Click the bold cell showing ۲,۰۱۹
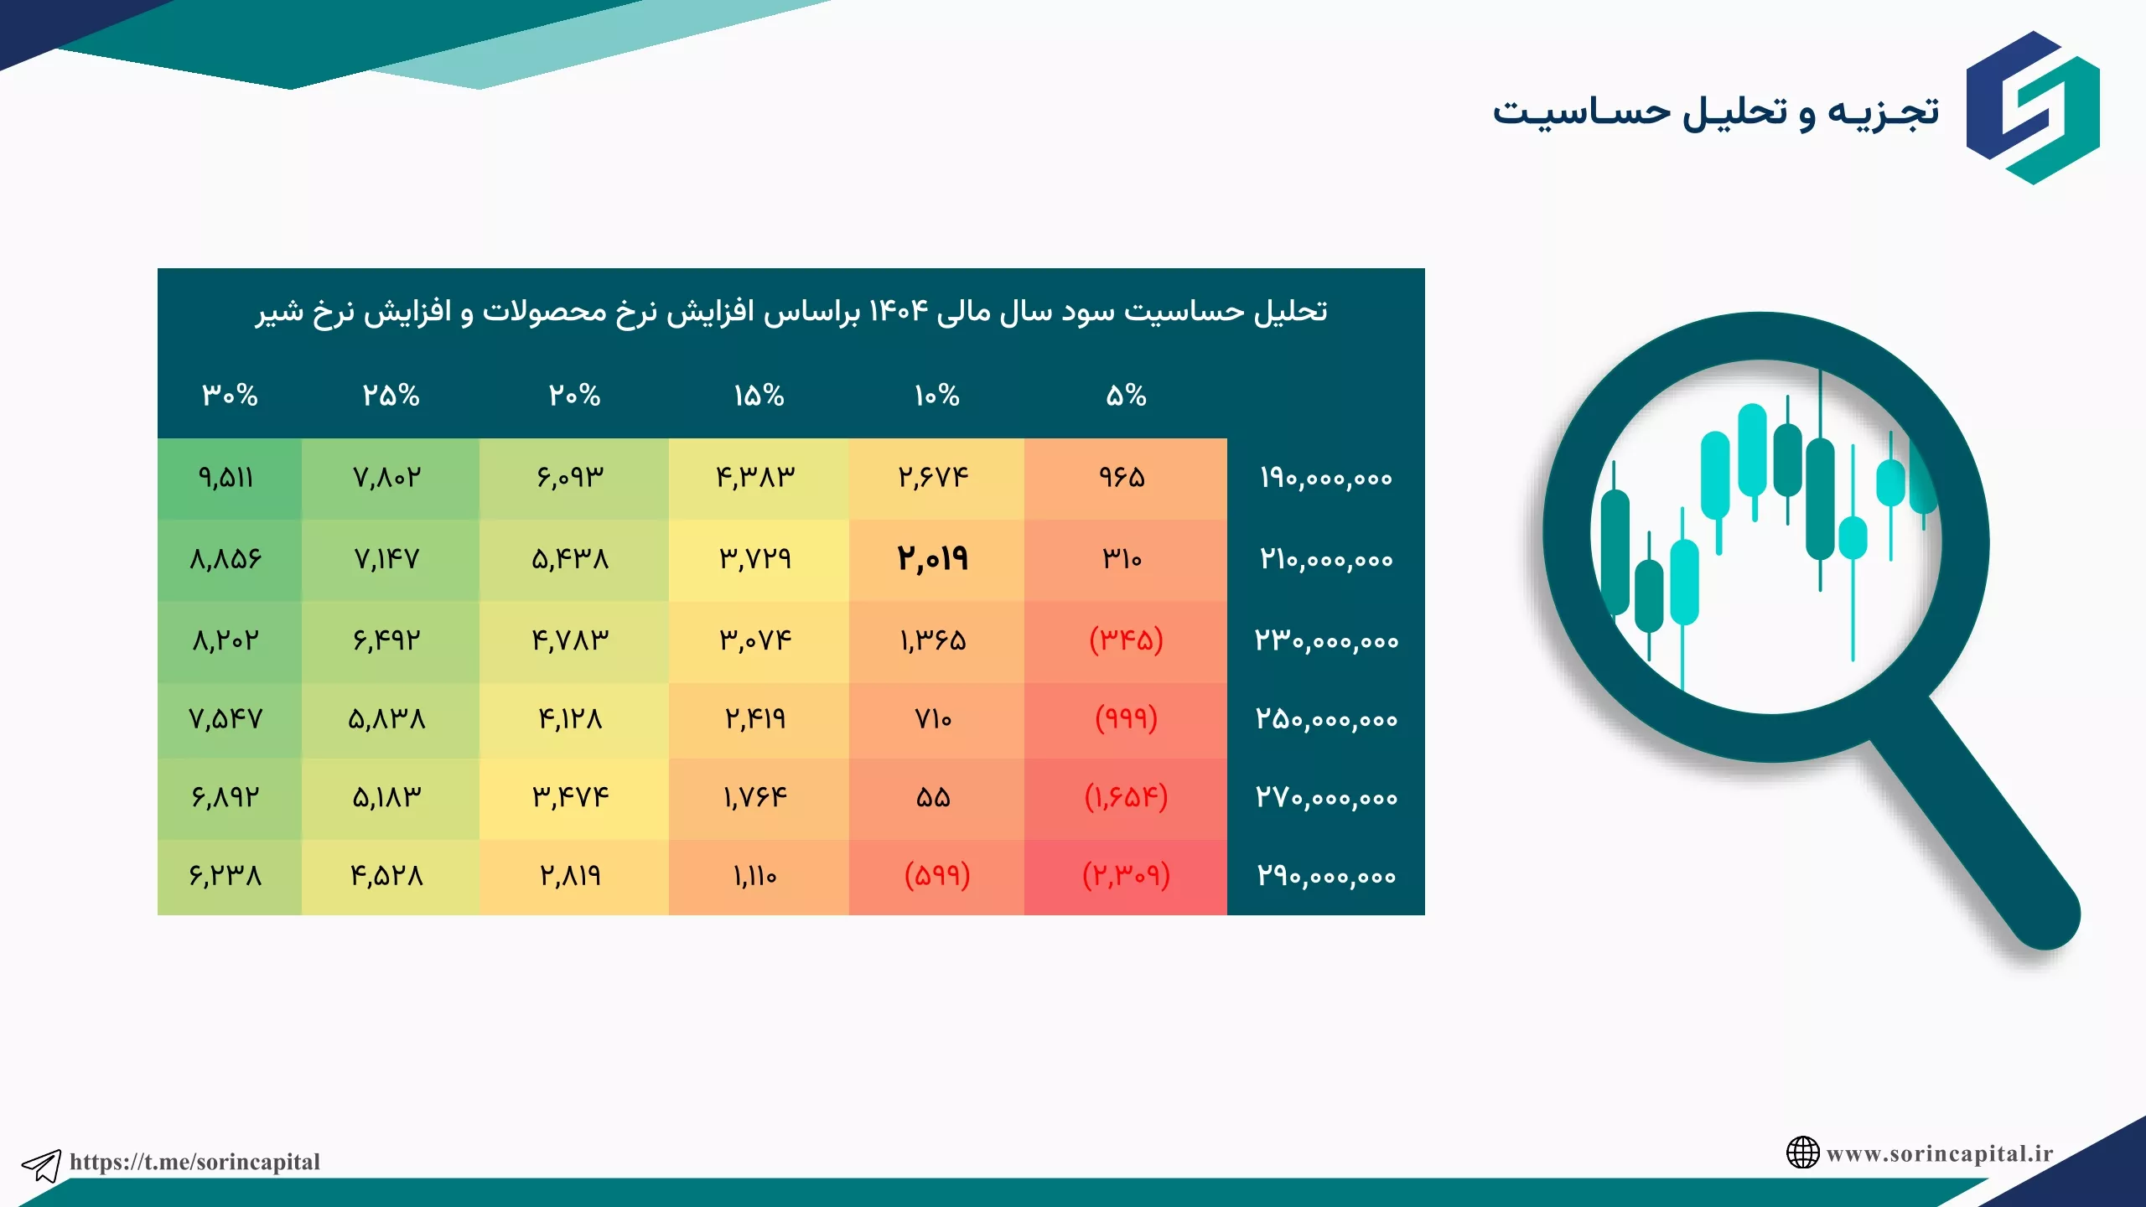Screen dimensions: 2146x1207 (932, 558)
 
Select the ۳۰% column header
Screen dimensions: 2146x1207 (230, 396)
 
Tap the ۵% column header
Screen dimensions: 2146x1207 (1126, 396)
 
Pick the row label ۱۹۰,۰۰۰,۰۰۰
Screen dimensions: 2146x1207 (1325, 478)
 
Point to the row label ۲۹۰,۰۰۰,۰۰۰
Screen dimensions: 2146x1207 (1325, 876)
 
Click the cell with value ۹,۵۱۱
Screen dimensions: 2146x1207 (225, 478)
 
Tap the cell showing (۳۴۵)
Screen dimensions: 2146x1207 (1126, 640)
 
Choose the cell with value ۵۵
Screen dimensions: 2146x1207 (933, 797)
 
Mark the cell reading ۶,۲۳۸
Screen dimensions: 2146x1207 (225, 876)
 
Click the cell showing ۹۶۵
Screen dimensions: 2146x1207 (1122, 478)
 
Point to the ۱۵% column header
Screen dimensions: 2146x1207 (759, 396)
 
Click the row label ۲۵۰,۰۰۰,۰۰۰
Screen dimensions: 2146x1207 (1326, 719)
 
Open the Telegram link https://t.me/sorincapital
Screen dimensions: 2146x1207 (194, 1162)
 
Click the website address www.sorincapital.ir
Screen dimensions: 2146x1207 (1940, 1153)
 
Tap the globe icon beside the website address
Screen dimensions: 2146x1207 (1802, 1153)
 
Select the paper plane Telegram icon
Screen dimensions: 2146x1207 (41, 1165)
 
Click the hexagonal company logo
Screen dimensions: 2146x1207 (2033, 107)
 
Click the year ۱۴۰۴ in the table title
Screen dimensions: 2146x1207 (899, 311)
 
